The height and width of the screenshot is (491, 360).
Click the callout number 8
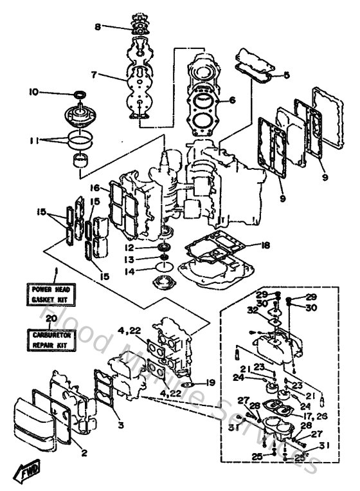pos(98,27)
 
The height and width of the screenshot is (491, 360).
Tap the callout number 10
pos(34,92)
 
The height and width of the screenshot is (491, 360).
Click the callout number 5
pos(287,75)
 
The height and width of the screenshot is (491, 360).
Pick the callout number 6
pos(233,100)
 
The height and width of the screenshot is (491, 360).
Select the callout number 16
pos(94,188)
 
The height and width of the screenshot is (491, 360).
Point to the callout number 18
pos(266,245)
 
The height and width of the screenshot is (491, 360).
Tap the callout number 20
pos(52,317)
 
